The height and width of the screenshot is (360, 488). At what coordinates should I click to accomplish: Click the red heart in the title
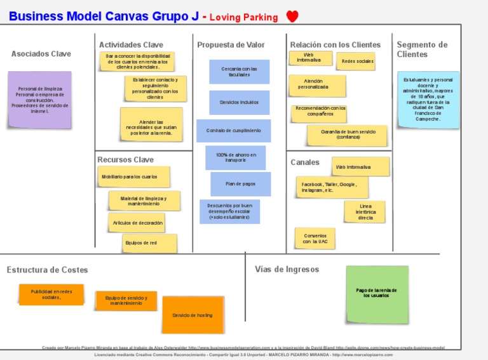(x=292, y=17)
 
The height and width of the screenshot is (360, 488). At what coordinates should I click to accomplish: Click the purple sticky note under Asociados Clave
(x=39, y=100)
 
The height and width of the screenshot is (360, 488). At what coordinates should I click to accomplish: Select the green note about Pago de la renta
(x=377, y=294)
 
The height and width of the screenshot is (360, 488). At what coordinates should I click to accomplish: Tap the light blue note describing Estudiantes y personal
(x=428, y=100)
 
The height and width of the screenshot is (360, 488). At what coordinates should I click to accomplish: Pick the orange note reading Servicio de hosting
(x=193, y=315)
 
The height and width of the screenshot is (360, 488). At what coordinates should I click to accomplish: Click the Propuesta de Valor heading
(x=231, y=45)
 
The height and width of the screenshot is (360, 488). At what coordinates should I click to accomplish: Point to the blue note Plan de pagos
(x=240, y=184)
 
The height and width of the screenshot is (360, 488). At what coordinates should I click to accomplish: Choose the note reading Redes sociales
(x=357, y=62)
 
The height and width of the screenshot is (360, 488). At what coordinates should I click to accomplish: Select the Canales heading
(x=305, y=163)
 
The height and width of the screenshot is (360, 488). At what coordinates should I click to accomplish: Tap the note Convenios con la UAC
(x=315, y=239)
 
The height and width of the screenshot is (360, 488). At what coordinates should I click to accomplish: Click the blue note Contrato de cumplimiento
(x=233, y=131)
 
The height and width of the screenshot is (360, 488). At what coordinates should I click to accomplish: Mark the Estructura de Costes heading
(x=48, y=270)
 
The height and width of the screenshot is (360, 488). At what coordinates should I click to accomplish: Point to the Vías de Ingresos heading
(x=287, y=269)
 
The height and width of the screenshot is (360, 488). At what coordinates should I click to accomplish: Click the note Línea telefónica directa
(x=365, y=212)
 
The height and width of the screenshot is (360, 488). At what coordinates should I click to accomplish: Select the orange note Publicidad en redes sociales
(x=51, y=295)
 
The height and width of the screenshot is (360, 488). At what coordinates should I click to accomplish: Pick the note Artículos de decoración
(x=136, y=223)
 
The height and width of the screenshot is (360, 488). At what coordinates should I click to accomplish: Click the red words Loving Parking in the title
(x=243, y=18)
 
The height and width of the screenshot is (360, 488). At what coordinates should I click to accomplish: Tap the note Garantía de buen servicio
(x=348, y=135)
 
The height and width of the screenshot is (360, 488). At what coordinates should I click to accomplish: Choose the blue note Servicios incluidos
(x=239, y=102)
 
